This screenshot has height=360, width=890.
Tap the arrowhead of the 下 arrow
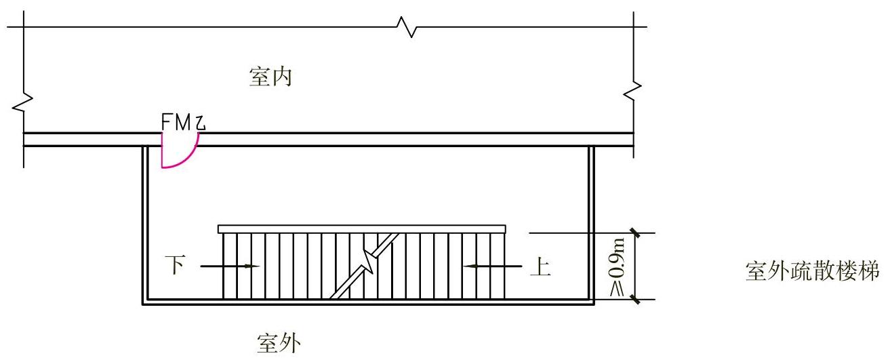click(254, 266)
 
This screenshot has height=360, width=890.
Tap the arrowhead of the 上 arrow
click(467, 266)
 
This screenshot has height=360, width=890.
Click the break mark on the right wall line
click(634, 89)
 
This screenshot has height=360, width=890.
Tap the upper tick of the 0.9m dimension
click(636, 233)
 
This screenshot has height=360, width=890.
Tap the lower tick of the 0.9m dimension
click(636, 298)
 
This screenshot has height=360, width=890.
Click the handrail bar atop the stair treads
click(361, 229)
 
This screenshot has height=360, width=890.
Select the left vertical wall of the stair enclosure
click(144, 224)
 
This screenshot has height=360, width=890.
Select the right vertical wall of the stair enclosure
click(592, 224)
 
